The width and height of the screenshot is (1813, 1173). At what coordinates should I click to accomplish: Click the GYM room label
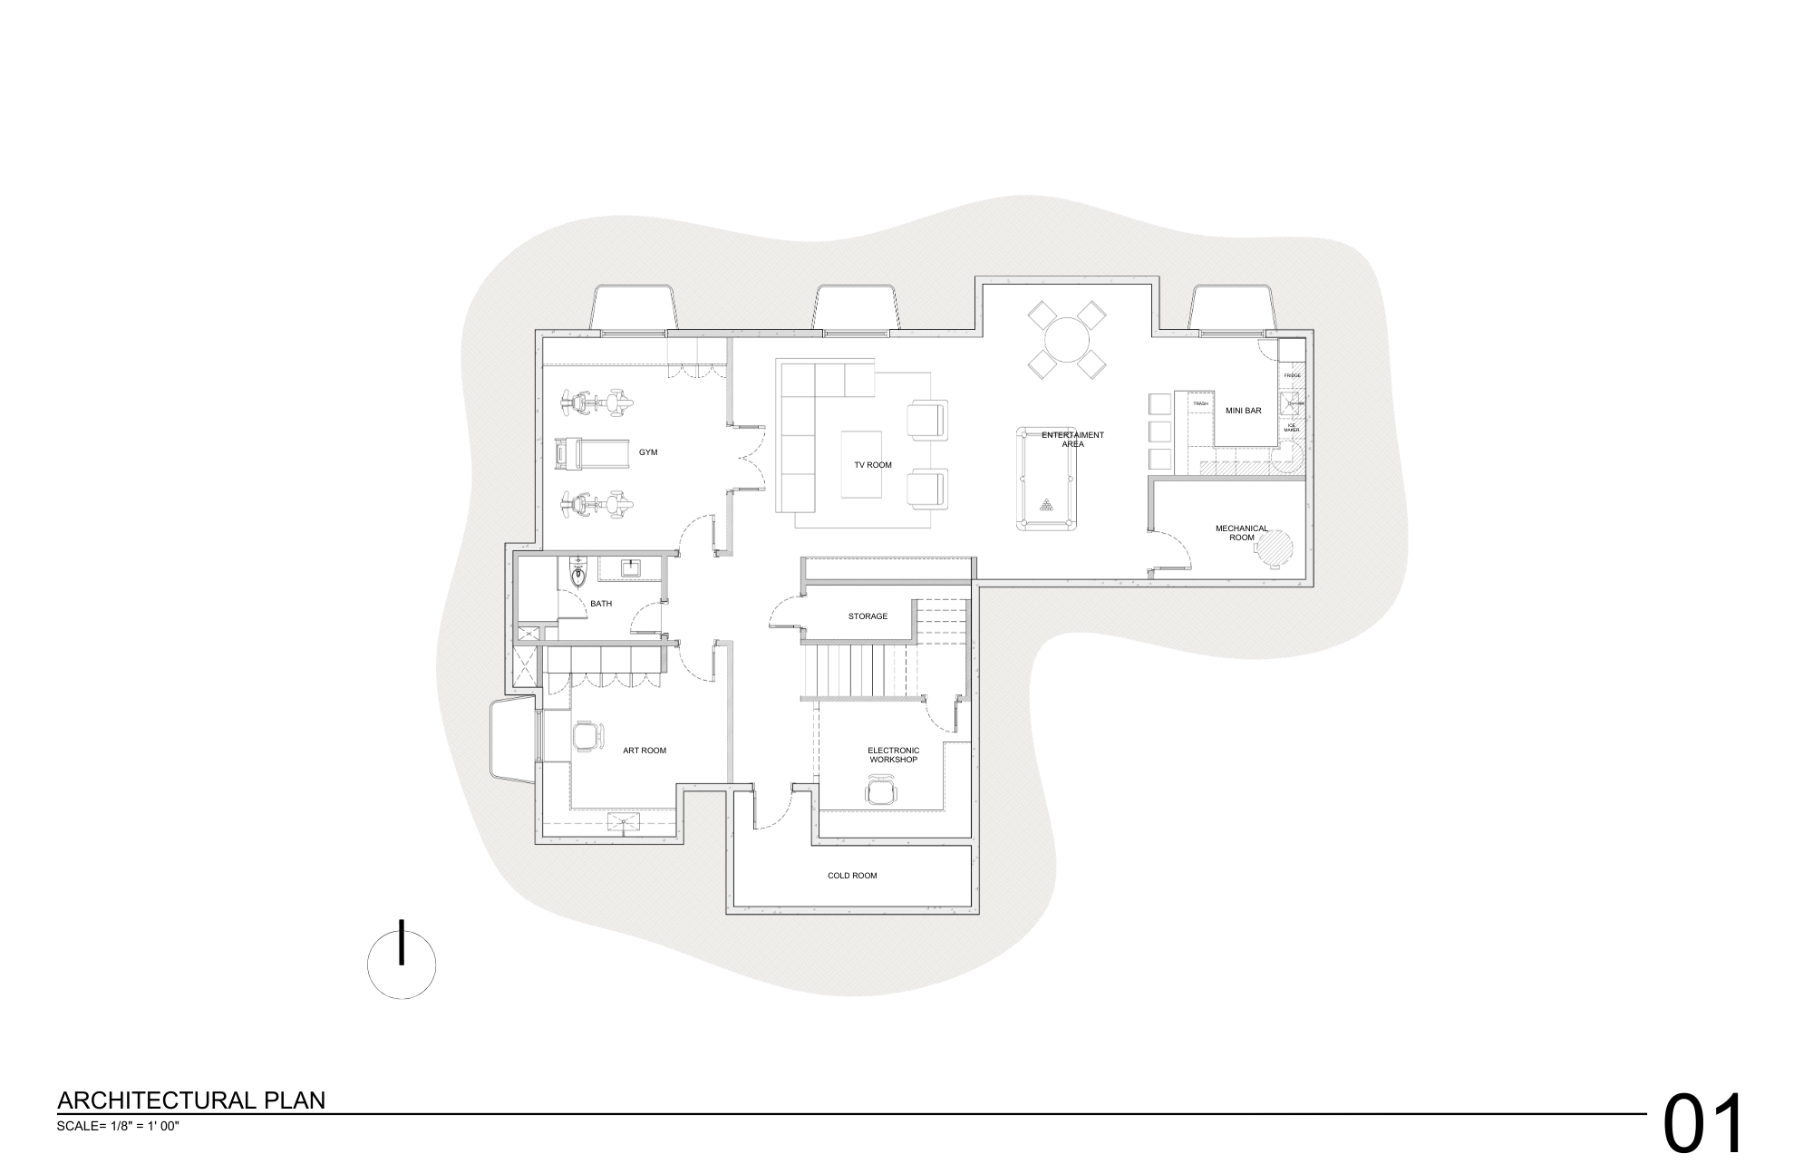coord(648,451)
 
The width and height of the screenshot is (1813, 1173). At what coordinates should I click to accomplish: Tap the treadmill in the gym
coord(591,453)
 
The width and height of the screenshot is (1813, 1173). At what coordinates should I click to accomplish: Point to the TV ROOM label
coord(872,465)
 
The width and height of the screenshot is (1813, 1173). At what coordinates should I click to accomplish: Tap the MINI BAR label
coord(1243,411)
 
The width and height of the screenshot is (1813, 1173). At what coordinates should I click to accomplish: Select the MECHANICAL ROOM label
coord(1241,533)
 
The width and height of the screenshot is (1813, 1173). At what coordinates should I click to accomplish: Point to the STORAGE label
coord(868,616)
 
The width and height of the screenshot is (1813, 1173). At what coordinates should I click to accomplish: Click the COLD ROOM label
coord(852,876)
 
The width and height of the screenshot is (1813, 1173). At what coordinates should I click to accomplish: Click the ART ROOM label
coord(645,751)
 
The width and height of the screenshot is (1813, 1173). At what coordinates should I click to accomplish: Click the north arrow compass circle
coord(402,965)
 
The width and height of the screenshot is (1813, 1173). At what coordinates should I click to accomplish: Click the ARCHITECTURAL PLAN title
coord(191,1100)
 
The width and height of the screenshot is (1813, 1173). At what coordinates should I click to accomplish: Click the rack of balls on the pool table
coord(1047,505)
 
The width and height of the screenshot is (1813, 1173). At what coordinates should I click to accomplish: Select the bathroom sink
coord(631,568)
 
